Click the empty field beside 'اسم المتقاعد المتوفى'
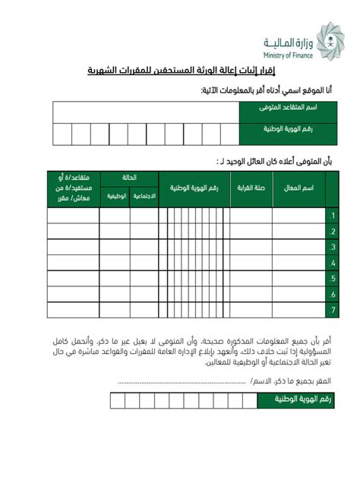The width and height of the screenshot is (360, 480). tap(144, 112)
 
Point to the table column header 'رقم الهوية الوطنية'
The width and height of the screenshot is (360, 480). tap(194, 188)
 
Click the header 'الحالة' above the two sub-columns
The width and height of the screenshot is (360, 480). tap(129, 178)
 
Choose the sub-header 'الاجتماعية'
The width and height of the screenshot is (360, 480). tap(144, 197)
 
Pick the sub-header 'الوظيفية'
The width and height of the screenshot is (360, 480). tap(115, 197)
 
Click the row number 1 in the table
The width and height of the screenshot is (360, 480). tap(332, 216)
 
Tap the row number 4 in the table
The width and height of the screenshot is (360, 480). tap(332, 263)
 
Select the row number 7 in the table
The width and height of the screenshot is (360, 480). tap(332, 311)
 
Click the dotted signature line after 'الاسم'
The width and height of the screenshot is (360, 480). tap(182, 382)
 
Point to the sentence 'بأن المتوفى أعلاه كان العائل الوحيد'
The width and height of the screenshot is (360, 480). tap(273, 160)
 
